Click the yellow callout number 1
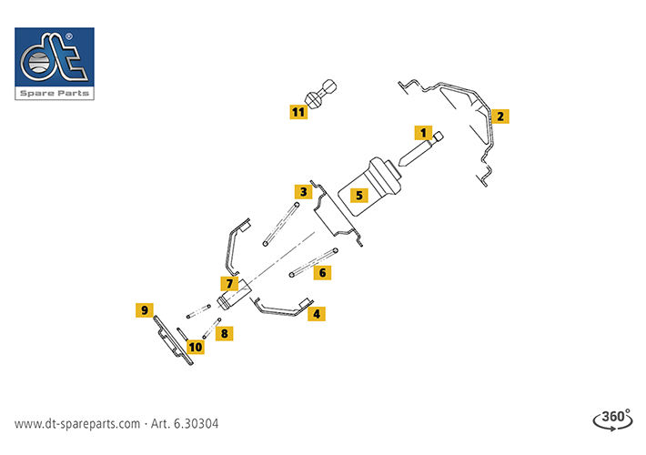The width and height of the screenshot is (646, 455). tap(423, 132)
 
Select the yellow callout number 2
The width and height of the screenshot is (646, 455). tap(500, 116)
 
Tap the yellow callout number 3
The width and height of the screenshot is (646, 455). tap(301, 191)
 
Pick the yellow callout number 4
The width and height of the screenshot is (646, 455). tap(316, 313)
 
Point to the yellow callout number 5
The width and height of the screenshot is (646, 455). tap(359, 195)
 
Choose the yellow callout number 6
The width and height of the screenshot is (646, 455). tap(321, 272)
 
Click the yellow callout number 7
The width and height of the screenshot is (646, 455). tap(230, 284)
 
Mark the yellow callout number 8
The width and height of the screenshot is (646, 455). tap(224, 333)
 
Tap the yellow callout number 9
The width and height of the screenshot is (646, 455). tap(143, 310)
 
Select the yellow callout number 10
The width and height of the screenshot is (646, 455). tap(196, 346)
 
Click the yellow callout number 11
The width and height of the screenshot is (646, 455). tap(298, 112)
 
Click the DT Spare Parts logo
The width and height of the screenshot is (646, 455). tap(55, 63)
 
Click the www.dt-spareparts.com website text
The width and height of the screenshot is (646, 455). tap(77, 424)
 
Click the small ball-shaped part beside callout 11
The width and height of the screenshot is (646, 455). tap(321, 95)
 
